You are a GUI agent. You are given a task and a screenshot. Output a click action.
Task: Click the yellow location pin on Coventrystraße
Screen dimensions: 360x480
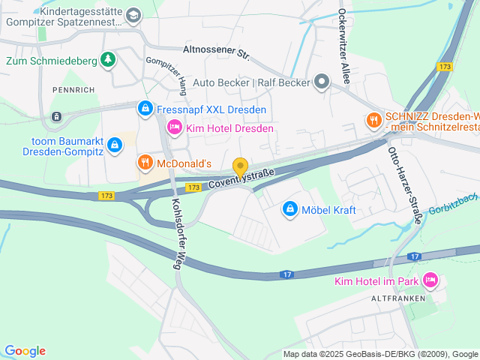click(x=240, y=167)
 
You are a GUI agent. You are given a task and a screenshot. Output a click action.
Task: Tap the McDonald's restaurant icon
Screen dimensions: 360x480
click(x=145, y=162)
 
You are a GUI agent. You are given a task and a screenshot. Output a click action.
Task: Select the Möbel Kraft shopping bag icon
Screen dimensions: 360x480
click(x=290, y=209)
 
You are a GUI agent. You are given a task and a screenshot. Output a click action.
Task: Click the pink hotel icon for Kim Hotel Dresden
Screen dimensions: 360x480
click(x=174, y=128)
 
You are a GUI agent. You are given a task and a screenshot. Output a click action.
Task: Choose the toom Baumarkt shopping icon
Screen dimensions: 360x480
click(x=114, y=143)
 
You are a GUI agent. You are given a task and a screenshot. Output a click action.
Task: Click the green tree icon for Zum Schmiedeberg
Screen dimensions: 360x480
click(x=108, y=58)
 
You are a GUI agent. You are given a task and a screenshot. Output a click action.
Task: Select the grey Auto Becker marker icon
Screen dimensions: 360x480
click(x=322, y=82)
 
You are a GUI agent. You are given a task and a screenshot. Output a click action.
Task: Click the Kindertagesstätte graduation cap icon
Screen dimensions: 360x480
click(x=133, y=14)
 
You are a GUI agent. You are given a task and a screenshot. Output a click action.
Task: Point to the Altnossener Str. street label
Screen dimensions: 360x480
click(x=216, y=52)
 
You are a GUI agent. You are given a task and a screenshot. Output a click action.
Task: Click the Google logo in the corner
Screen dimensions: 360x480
click(x=25, y=351)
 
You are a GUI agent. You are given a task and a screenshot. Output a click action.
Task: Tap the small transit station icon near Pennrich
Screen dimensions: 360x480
click(x=56, y=117)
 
